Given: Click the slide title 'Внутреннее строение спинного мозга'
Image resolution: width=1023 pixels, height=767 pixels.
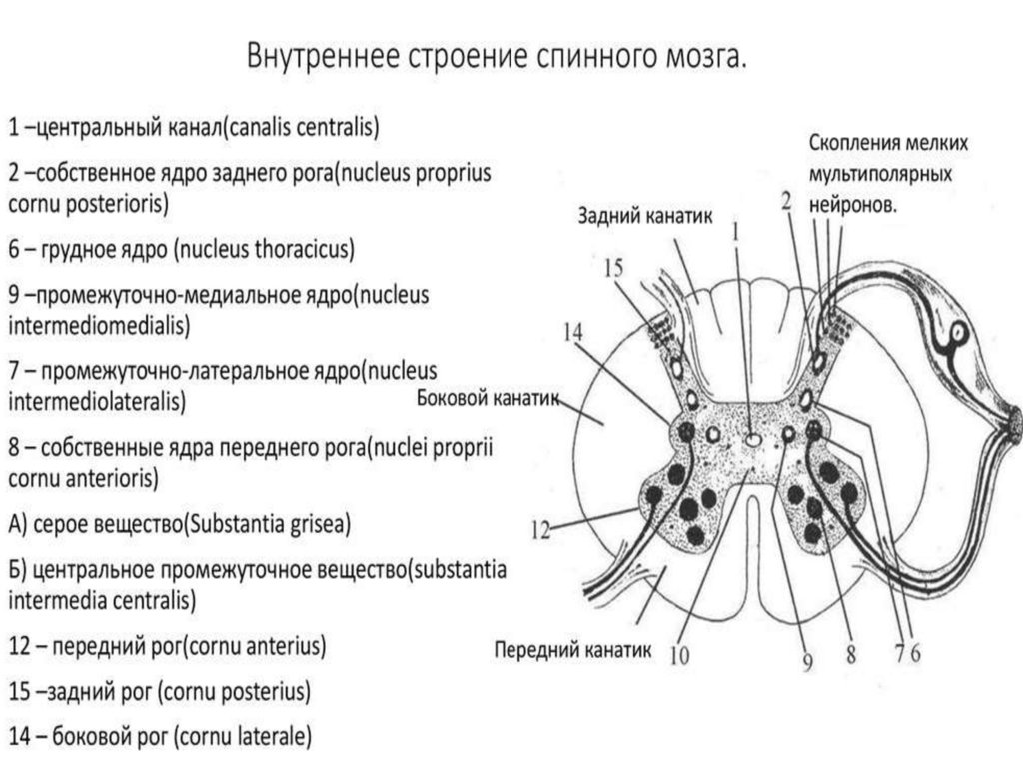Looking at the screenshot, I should tap(497, 56).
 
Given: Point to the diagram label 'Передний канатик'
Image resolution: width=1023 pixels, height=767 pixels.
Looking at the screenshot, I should tap(572, 651).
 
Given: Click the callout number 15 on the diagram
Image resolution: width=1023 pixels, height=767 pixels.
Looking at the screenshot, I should tap(613, 267).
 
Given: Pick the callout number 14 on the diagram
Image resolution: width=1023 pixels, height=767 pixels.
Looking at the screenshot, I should tap(573, 334).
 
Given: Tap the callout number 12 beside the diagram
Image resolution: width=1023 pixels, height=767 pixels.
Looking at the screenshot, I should tap(540, 531).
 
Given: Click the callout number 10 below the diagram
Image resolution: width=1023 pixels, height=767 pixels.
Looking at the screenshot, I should tap(679, 657).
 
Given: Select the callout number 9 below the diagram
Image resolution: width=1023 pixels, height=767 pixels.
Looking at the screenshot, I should tap(807, 659).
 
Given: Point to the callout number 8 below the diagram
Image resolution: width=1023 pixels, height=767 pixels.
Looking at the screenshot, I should tap(851, 655).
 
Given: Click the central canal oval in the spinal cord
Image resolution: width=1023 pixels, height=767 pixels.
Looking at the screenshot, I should tap(751, 436).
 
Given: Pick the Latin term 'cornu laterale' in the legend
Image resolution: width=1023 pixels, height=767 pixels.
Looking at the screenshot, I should tap(241, 737).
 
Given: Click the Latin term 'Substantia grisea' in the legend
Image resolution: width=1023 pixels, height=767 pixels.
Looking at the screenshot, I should tap(269, 524).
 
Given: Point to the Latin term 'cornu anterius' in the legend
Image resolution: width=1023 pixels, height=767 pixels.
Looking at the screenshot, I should tap(257, 646).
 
